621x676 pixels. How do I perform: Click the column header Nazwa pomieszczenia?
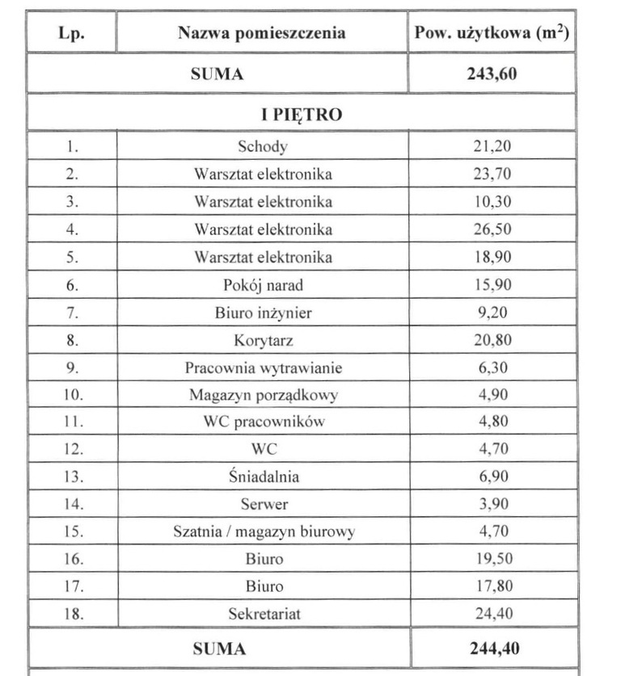tap(262, 34)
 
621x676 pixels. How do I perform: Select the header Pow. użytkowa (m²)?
tap(491, 34)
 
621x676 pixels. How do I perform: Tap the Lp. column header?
tap(72, 34)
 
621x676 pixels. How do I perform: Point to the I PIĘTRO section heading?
tap(301, 114)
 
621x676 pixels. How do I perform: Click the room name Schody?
tap(263, 146)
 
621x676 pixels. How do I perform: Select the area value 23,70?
tap(492, 174)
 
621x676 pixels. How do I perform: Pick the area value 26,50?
tap(492, 229)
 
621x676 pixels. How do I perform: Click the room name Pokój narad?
tap(263, 285)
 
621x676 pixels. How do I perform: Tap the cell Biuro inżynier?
tap(263, 313)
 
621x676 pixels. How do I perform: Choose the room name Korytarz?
tap(263, 340)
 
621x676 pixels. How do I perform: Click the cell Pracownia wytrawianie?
tap(263, 368)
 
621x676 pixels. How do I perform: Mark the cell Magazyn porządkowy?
tap(263, 396)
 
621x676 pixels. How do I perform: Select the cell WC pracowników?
tap(263, 422)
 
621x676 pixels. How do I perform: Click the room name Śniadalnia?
tap(263, 477)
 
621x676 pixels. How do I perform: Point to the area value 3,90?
tap(492, 504)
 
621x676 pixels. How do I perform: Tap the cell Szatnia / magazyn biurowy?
tap(263, 531)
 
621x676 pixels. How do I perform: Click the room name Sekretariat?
tap(263, 614)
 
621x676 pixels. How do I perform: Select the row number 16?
tap(73, 559)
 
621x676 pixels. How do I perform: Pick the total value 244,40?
tap(492, 649)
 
